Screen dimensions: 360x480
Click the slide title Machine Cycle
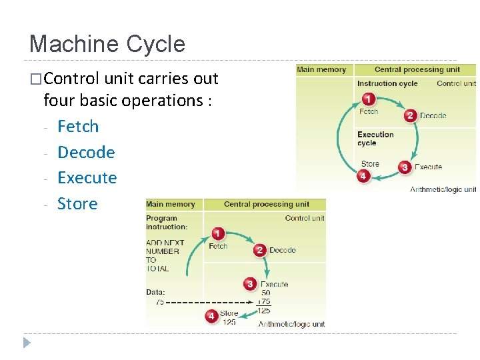tap(107, 44)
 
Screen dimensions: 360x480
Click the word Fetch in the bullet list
tap(78, 126)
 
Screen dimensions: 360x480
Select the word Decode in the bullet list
tap(86, 152)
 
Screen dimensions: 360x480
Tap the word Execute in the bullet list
tap(87, 177)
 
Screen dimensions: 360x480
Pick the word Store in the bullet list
tap(77, 203)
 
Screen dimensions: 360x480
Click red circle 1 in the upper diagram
tap(367, 99)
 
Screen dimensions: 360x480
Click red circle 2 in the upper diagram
tap(410, 115)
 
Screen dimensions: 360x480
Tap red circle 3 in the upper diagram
tap(404, 167)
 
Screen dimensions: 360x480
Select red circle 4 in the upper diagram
tap(363, 177)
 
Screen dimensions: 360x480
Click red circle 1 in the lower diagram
tap(217, 234)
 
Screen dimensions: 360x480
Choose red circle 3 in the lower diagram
tap(250, 284)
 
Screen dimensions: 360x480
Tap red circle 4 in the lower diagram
tap(211, 315)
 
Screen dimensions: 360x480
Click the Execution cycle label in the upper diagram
tap(375, 139)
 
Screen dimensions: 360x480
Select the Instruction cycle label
tap(387, 83)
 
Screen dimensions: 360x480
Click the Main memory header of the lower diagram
tap(171, 204)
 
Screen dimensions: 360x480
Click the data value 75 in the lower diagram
tap(159, 302)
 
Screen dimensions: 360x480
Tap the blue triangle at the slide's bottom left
tap(27, 343)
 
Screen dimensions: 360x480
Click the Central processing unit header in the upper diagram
tap(417, 69)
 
